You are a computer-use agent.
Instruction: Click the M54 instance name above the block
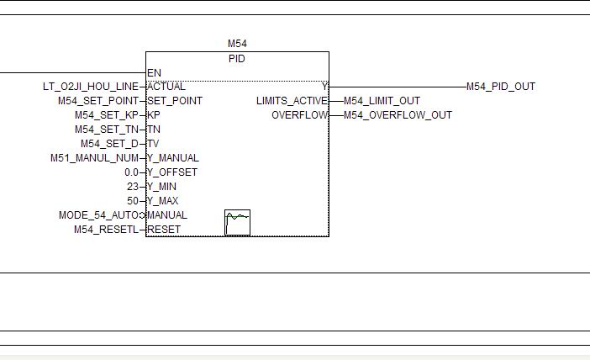237,44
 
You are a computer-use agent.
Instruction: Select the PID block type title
237,59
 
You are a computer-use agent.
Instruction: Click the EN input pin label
154,73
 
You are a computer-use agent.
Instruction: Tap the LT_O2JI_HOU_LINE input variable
90,87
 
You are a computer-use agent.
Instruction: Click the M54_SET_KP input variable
106,115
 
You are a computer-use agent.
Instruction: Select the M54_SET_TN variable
106,130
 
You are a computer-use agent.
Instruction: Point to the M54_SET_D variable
109,144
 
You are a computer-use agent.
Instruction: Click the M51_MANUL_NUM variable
94,158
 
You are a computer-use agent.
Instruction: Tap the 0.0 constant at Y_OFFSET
131,172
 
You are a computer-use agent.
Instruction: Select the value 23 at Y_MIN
133,187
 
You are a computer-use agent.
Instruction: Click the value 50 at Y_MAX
133,201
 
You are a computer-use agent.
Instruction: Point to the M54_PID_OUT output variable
501,87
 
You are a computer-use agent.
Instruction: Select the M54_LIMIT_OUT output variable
382,101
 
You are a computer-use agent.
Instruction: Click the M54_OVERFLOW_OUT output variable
398,115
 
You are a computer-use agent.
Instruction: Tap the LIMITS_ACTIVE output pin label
292,101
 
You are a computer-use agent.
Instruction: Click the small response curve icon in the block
238,222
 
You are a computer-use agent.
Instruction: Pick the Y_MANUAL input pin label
173,158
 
